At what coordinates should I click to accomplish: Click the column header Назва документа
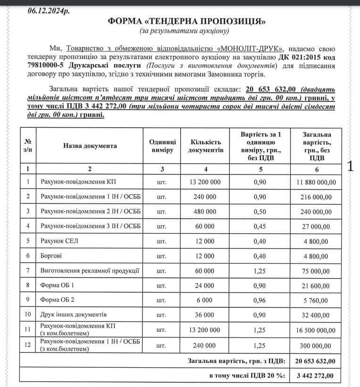(90, 146)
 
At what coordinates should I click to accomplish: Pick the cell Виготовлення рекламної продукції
(90, 271)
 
